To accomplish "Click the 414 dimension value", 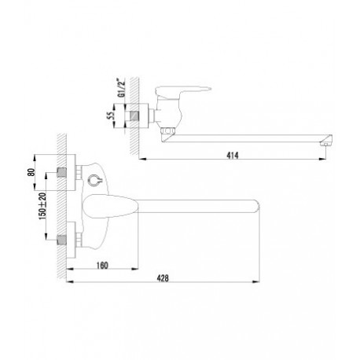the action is (x=233, y=156).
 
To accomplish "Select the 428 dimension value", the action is (x=163, y=278).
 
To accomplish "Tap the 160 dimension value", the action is (x=102, y=266).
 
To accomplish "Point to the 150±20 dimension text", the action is (x=42, y=206).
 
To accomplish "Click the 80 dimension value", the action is (x=31, y=172).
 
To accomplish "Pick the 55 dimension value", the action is (x=112, y=116).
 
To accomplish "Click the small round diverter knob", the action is (x=94, y=180).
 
